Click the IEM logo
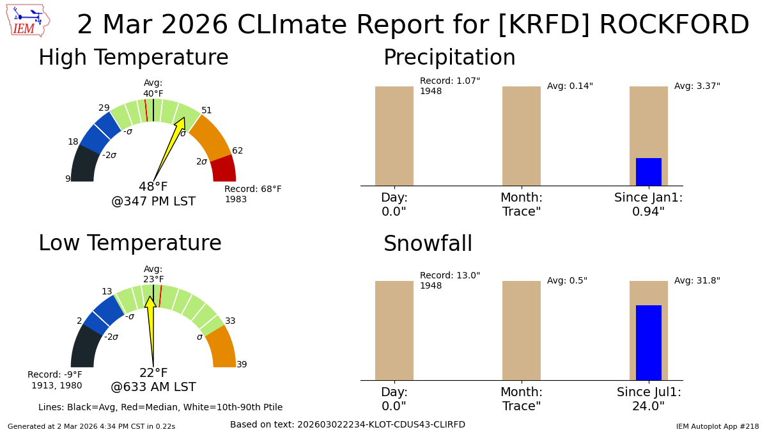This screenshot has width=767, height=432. (27, 20)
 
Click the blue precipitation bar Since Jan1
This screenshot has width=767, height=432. (648, 172)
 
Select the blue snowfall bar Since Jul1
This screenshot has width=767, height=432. (648, 342)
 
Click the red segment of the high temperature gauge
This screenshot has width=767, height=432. (224, 170)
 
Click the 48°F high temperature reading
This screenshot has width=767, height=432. (153, 187)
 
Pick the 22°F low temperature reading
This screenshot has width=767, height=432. (153, 373)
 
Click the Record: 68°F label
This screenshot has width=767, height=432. (252, 189)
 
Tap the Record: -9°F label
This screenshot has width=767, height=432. (55, 375)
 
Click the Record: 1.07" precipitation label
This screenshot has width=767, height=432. (449, 81)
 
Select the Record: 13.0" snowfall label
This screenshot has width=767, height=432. (449, 276)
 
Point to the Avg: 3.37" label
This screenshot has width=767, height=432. (697, 86)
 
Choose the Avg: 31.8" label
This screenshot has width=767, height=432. (697, 281)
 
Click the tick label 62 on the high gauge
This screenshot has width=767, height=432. (237, 151)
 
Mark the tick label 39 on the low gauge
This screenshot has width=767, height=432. (242, 365)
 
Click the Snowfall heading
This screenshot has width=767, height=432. (428, 244)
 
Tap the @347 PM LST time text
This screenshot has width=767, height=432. (153, 202)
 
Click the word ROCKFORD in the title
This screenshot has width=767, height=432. (674, 25)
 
